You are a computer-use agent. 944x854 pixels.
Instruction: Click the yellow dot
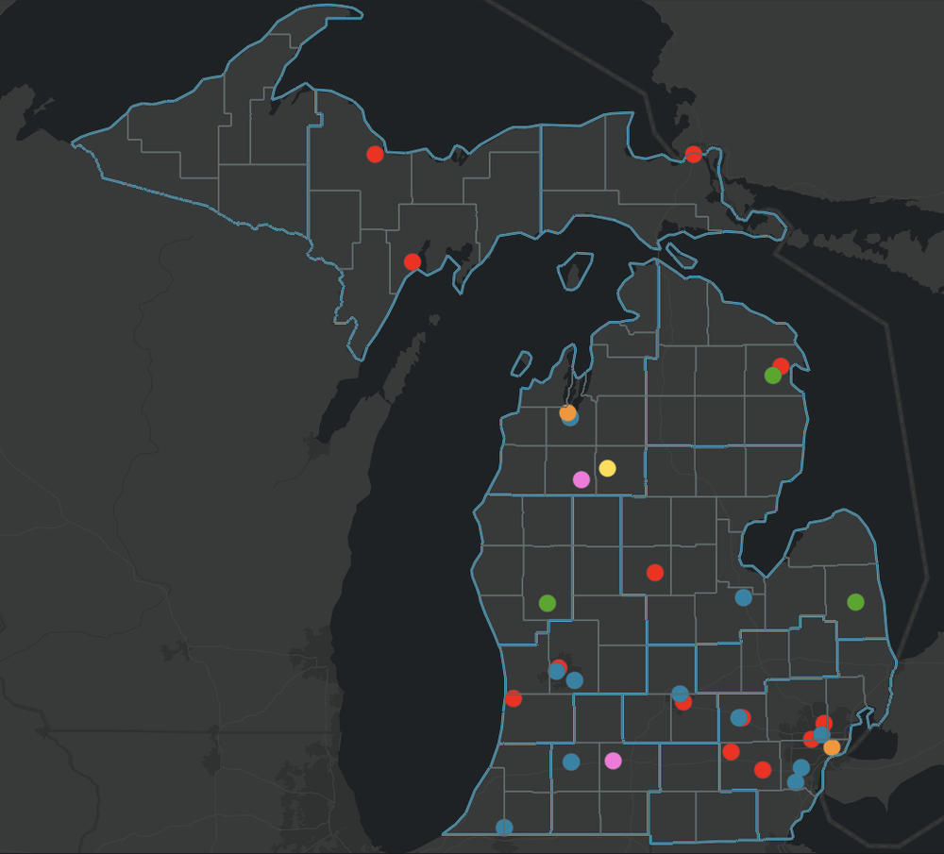pos(607,468)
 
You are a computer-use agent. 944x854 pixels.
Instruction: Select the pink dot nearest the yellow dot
pos(582,479)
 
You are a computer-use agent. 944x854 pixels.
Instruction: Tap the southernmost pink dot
pos(614,761)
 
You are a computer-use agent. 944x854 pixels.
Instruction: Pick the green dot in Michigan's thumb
pos(855,602)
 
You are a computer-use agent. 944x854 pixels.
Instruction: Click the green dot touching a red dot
pos(772,376)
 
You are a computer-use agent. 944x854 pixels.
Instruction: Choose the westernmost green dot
pos(547,603)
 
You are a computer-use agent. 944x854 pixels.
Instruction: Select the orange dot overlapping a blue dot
pos(566,412)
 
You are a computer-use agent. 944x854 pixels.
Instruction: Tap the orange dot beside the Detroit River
pos(832,747)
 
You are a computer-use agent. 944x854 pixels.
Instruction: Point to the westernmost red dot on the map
pos(375,154)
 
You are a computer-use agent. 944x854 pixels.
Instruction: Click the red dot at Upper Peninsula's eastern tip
pos(694,154)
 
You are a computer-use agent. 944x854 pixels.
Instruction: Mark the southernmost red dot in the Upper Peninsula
pos(413,261)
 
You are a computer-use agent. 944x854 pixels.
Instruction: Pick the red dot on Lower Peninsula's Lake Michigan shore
pos(514,698)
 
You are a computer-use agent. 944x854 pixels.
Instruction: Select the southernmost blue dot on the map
pos(504,827)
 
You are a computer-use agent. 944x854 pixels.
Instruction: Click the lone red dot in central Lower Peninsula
pos(655,572)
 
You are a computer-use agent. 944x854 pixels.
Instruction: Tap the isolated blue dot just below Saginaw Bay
pos(743,597)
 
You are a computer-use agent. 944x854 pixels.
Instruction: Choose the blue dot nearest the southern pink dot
pos(571,762)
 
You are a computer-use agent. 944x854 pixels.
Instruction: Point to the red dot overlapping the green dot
pos(782,365)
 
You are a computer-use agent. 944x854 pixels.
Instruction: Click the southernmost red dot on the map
pos(763,770)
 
